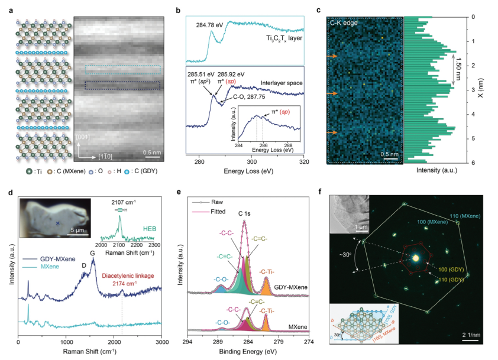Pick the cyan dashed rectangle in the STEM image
coord(122,69)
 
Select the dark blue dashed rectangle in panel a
coord(122,85)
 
